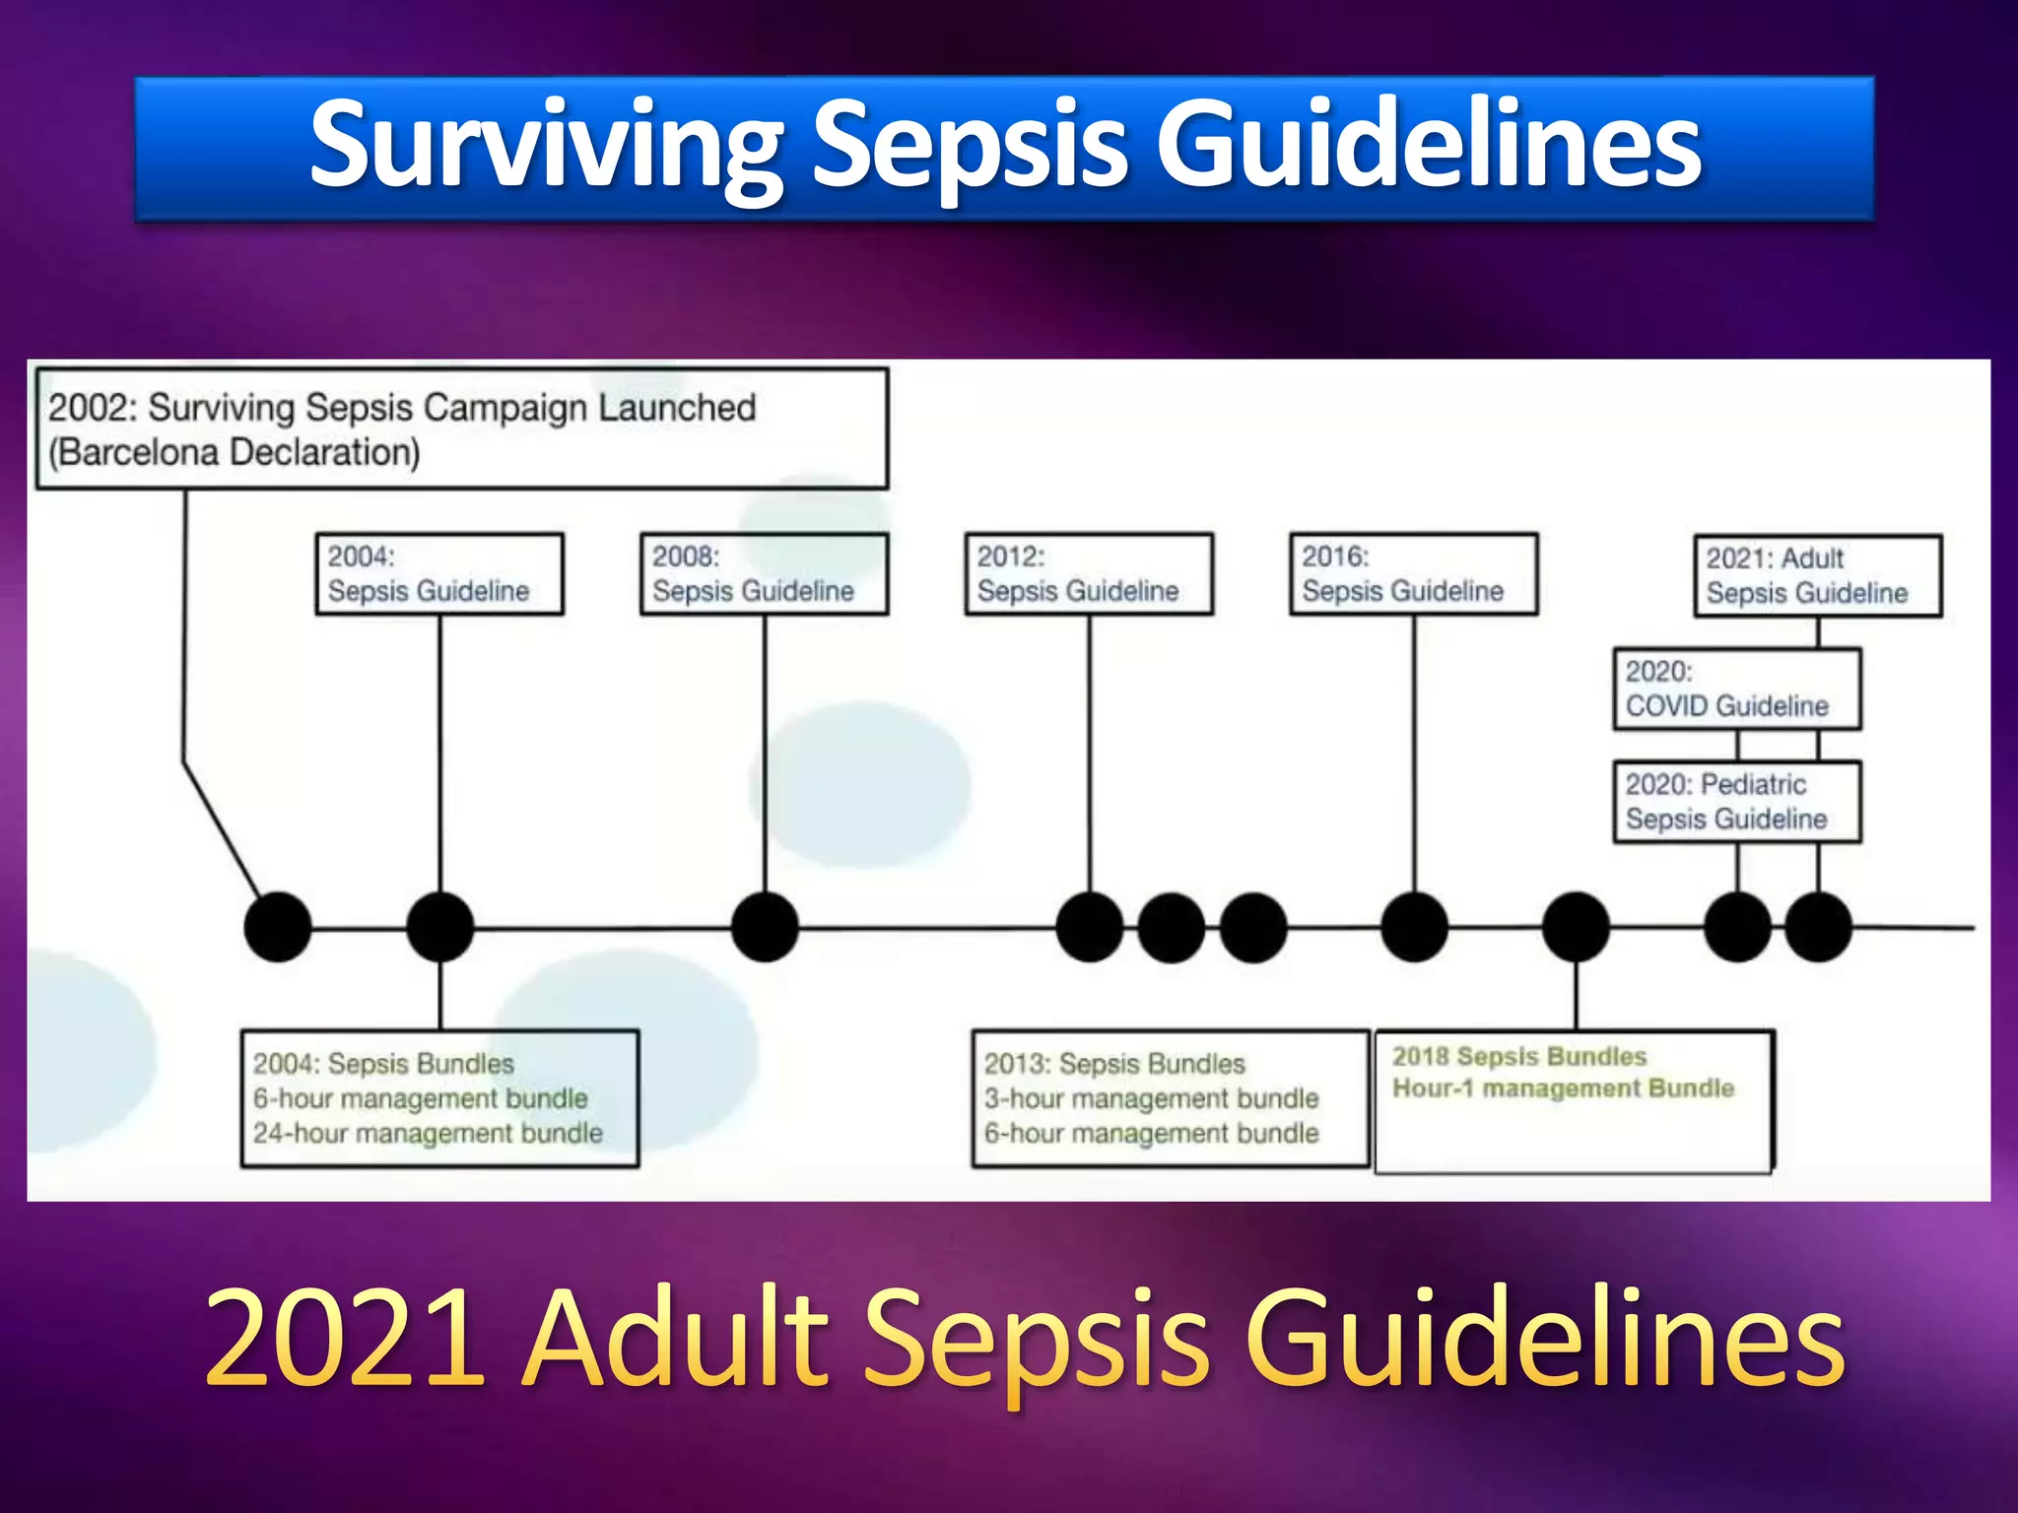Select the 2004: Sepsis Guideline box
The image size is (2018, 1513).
pos(439,574)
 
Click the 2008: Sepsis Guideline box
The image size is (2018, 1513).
pos(764,574)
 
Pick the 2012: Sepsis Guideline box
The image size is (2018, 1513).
pos(1089,574)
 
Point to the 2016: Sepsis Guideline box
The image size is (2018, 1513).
pos(1414,574)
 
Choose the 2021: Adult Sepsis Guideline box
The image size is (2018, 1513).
pos(1818,576)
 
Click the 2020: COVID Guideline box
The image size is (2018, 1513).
pos(1737,689)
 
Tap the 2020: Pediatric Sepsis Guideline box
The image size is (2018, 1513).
pos(1737,802)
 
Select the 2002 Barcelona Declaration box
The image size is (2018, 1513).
pos(461,429)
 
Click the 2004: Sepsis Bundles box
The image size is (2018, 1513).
pos(439,1098)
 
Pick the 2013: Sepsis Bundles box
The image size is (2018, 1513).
pos(1170,1098)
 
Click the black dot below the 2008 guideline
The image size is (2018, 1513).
pos(765,927)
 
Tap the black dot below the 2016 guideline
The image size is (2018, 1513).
pos(1414,927)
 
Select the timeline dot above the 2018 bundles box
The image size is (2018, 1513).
pos(1576,927)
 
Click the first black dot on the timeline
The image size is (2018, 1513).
pos(278,927)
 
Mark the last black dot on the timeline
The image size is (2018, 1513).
pos(1818,927)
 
